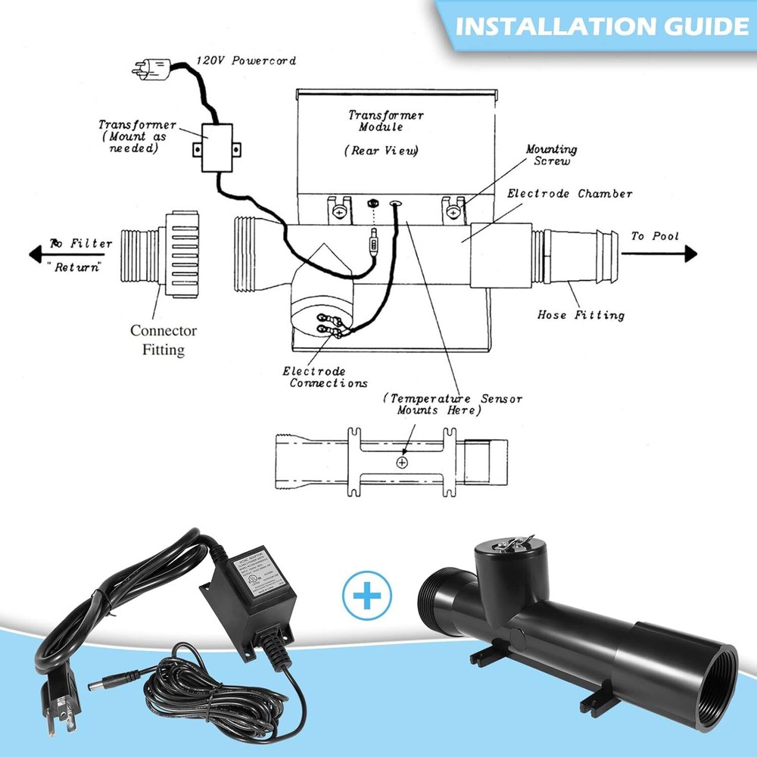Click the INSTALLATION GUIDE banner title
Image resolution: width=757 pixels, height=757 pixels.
(x=602, y=26)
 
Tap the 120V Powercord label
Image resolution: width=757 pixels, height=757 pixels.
(x=234, y=60)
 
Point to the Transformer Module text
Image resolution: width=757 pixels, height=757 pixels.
(x=386, y=121)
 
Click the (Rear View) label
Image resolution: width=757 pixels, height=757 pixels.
(x=384, y=151)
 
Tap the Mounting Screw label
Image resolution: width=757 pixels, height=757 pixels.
(x=551, y=155)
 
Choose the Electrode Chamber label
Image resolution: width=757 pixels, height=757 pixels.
(x=569, y=194)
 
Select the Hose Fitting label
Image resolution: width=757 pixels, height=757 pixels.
(x=581, y=314)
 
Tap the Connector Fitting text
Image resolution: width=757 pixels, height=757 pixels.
(x=163, y=340)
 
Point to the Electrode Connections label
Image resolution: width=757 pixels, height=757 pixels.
(x=325, y=377)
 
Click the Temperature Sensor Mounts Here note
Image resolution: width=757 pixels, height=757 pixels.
(x=452, y=404)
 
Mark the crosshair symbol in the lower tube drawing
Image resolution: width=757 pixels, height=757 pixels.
(x=401, y=462)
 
